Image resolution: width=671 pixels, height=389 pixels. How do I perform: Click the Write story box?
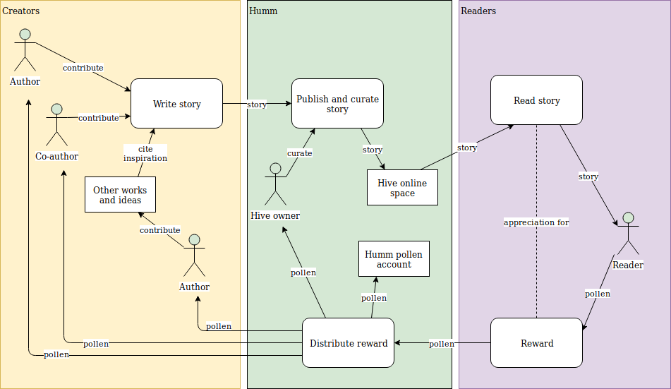[176, 104]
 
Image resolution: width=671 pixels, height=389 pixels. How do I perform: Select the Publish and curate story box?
[337, 104]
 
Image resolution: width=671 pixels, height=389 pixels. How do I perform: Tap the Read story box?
[536, 100]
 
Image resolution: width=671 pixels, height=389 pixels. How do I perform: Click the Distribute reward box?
[348, 343]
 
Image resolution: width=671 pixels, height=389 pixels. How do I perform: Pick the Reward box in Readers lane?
[536, 343]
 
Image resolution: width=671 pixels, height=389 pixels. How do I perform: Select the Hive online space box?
[402, 188]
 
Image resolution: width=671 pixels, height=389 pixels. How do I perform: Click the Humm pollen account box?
[394, 259]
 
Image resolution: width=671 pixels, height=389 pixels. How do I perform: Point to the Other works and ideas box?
[120, 195]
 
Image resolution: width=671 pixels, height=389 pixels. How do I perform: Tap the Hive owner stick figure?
[275, 182]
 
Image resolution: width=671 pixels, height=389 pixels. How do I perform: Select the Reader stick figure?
[627, 234]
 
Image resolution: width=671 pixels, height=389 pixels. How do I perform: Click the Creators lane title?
[21, 11]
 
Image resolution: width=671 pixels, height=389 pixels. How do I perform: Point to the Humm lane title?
[263, 11]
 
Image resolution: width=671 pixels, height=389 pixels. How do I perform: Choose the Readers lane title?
[478, 11]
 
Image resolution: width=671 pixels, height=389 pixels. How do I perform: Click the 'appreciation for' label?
[536, 222]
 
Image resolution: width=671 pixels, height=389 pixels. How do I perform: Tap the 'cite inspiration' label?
[145, 154]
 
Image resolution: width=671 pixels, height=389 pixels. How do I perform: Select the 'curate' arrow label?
[299, 153]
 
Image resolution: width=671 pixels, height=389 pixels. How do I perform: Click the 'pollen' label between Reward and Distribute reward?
[442, 344]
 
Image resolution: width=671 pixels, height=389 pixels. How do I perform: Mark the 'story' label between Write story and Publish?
[257, 104]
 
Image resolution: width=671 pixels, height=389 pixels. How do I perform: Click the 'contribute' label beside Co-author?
[98, 118]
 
